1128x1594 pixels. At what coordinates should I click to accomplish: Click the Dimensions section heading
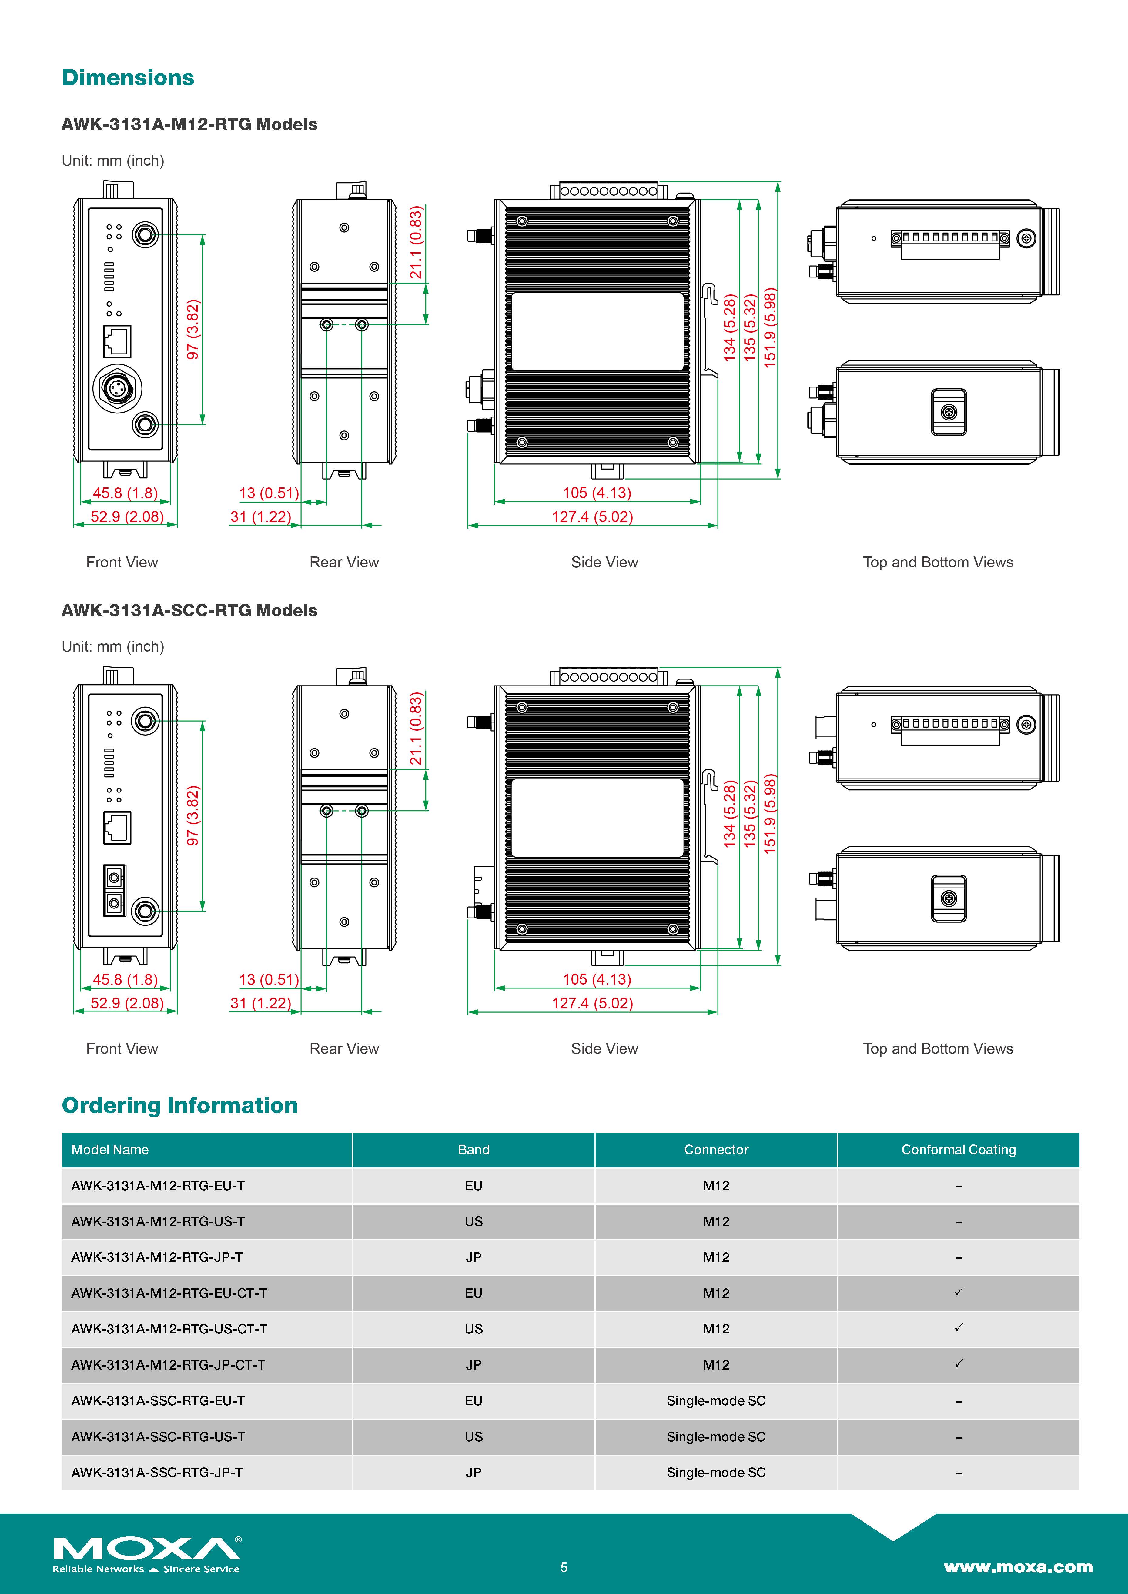pyautogui.click(x=128, y=78)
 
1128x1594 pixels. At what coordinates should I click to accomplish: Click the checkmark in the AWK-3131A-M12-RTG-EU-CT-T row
pyautogui.click(x=959, y=1292)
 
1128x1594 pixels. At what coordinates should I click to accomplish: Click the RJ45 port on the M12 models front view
pyautogui.click(x=117, y=341)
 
